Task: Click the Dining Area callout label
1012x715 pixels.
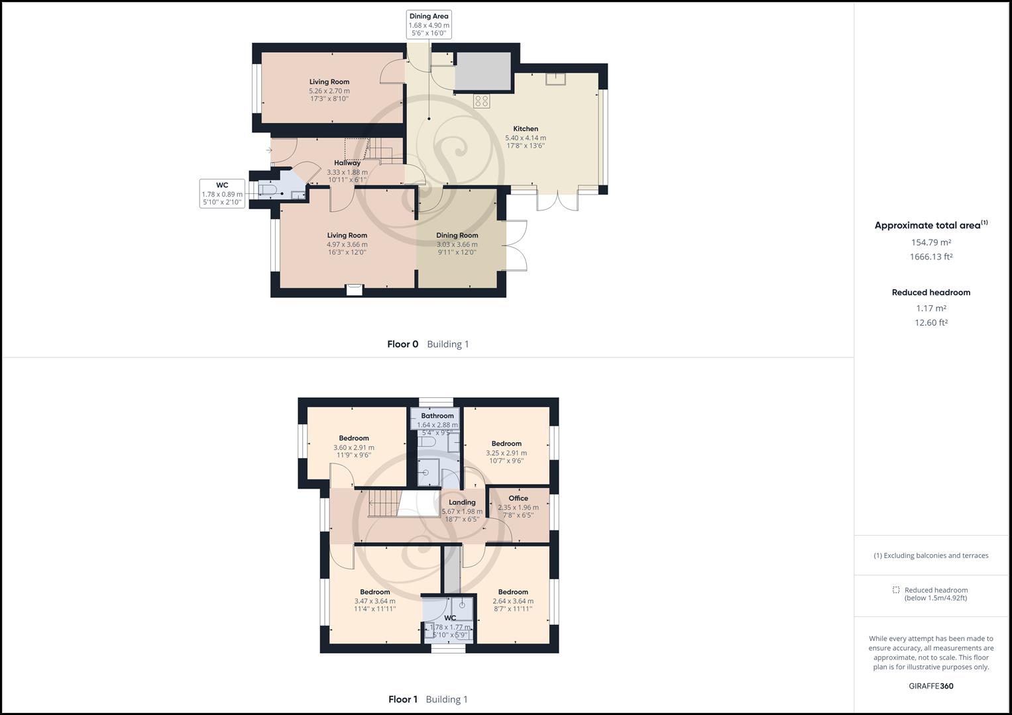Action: [x=429, y=24]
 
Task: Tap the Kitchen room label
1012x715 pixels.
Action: [x=526, y=129]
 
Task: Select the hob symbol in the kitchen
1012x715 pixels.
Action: [x=482, y=101]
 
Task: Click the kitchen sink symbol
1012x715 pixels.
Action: [x=555, y=79]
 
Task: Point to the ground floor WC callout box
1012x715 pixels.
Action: [x=222, y=193]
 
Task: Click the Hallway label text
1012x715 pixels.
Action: [x=347, y=163]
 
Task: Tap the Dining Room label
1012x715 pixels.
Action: [x=457, y=236]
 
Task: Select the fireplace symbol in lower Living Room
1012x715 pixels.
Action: [x=355, y=289]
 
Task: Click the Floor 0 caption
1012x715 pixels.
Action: [x=403, y=344]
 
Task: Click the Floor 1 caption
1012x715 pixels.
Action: [x=403, y=699]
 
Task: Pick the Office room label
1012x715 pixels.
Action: [x=518, y=499]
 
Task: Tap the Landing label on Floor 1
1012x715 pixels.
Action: [x=462, y=502]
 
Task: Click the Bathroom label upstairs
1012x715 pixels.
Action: [x=437, y=416]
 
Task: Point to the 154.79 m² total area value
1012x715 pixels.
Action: [x=930, y=242]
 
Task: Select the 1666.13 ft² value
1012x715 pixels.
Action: [x=930, y=257]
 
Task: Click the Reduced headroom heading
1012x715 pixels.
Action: [x=930, y=293]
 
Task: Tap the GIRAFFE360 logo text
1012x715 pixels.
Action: [x=930, y=686]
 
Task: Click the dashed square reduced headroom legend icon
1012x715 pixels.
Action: [x=896, y=590]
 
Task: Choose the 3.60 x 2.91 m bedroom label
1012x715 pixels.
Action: [x=353, y=447]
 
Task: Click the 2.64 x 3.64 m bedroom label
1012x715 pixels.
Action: [x=513, y=601]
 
